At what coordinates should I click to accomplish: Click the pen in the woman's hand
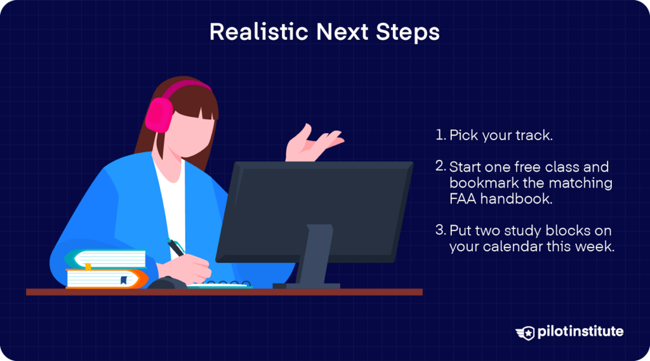(176, 247)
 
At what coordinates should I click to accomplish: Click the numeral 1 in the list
(439, 135)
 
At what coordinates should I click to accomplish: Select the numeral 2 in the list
(440, 167)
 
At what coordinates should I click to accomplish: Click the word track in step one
(533, 135)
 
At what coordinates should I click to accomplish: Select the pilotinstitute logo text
(580, 332)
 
